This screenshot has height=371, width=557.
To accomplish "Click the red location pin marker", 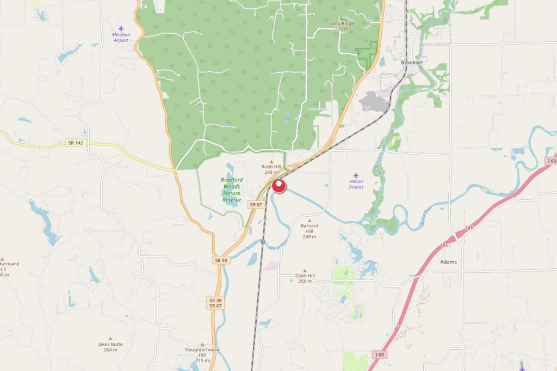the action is click(x=278, y=186).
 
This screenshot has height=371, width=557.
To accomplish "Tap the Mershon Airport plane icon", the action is click(x=121, y=28).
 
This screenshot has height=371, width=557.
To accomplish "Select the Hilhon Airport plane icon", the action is click(x=356, y=175).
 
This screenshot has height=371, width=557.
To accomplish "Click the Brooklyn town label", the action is click(x=411, y=62).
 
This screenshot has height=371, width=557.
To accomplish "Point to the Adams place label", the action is click(x=448, y=262).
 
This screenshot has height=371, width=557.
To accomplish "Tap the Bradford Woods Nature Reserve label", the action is click(x=232, y=190).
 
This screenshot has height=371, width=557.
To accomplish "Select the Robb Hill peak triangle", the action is click(x=271, y=161).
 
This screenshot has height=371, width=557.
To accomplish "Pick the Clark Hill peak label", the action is click(x=305, y=278).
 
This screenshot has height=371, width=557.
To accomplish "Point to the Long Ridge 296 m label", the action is click(x=342, y=26).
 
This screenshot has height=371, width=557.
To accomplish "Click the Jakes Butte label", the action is click(x=110, y=347).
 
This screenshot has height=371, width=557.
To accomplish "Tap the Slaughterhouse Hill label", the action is click(x=202, y=353).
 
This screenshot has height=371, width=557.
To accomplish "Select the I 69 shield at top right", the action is click(x=551, y=161).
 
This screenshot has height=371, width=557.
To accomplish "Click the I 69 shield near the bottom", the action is click(x=379, y=354).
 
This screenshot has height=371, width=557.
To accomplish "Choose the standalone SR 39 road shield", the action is click(x=221, y=260).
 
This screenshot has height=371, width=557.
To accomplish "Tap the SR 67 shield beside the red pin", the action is click(x=256, y=204).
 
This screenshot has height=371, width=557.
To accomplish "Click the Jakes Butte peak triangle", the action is click(x=110, y=338).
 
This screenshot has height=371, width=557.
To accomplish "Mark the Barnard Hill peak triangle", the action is click(x=310, y=221).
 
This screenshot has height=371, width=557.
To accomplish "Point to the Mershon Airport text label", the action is click(x=121, y=37).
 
